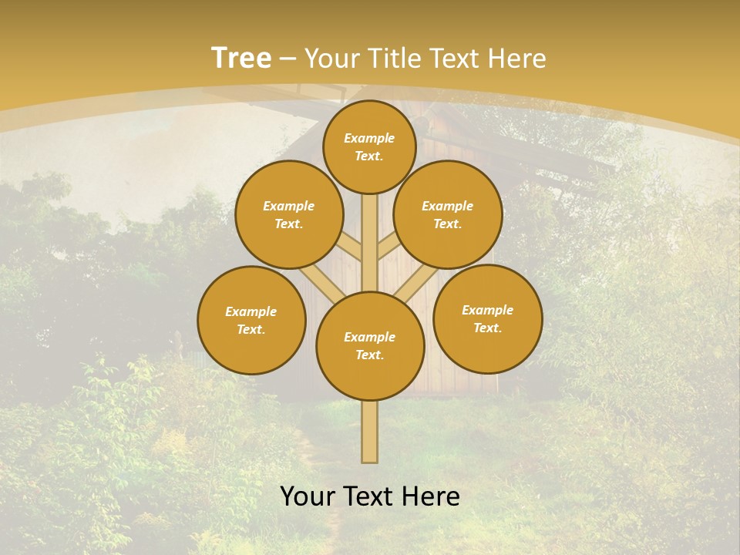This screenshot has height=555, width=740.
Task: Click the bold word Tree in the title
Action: (x=241, y=58)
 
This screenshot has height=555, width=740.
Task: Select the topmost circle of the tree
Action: (x=369, y=146)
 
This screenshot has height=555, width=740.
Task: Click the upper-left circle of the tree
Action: (x=289, y=214)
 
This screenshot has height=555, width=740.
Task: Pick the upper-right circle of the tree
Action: (x=448, y=214)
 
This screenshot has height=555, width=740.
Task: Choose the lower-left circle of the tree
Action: (x=251, y=320)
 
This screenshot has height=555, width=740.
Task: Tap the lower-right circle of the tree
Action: (x=488, y=318)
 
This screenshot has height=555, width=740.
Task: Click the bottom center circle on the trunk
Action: (x=370, y=346)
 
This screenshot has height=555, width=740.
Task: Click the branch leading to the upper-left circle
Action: (x=351, y=247)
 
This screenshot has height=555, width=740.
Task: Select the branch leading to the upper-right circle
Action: (x=388, y=247)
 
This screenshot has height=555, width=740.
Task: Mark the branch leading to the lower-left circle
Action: (x=321, y=283)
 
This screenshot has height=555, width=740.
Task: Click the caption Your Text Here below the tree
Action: (x=370, y=496)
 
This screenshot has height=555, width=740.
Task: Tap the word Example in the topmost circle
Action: (x=369, y=138)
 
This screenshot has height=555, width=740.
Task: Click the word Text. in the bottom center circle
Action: (x=369, y=355)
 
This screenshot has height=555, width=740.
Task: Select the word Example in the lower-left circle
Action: (x=251, y=311)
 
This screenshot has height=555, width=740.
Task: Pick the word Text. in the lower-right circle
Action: (x=487, y=328)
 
